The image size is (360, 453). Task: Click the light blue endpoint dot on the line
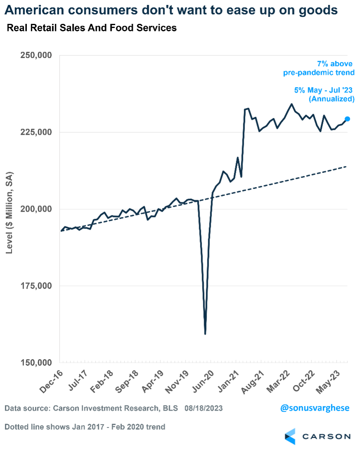click(347, 119)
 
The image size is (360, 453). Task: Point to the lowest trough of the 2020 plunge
click(205, 334)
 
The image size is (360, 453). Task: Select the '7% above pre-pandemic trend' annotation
click(319, 68)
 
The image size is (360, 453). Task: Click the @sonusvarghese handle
click(315, 408)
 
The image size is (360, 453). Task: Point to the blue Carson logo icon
click(290, 436)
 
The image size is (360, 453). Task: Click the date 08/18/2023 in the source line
click(204, 408)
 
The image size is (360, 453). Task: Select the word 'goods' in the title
click(315, 10)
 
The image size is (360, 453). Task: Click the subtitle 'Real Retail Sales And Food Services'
click(92, 28)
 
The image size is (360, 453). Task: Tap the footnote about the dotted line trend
click(85, 427)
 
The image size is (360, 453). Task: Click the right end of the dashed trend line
click(346, 166)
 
